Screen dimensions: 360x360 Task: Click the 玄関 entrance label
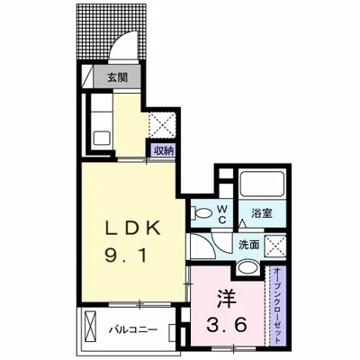pyautogui.click(x=117, y=77)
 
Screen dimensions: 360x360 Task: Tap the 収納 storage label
pyautogui.click(x=164, y=151)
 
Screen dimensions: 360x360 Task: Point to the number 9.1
pyautogui.click(x=126, y=256)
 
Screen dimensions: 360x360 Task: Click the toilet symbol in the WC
pyautogui.click(x=202, y=213)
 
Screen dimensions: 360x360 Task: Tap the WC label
pyautogui.click(x=222, y=214)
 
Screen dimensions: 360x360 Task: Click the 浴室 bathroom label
pyautogui.click(x=262, y=213)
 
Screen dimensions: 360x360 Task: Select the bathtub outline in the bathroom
pyautogui.click(x=263, y=183)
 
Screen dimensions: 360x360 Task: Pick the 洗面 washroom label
pyautogui.click(x=248, y=245)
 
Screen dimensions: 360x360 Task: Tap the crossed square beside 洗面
pyautogui.click(x=275, y=246)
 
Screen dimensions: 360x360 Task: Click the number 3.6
pyautogui.click(x=227, y=324)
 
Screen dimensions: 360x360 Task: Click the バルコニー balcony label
pyautogui.click(x=133, y=330)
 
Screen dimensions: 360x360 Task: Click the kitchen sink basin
pyautogui.click(x=102, y=139)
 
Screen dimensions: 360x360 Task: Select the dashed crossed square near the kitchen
pyautogui.click(x=162, y=124)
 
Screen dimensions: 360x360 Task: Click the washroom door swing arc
pyautogui.click(x=217, y=244)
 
